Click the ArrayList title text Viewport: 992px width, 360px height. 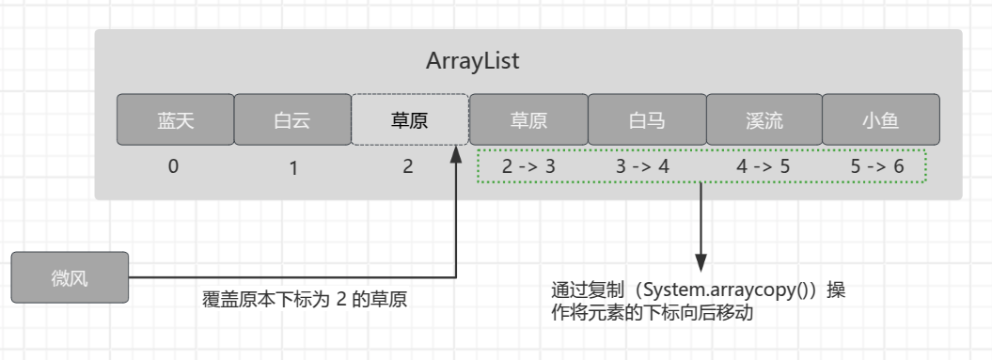[x=473, y=62]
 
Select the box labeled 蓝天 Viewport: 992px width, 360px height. [x=175, y=119]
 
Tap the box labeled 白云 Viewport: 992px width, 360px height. [x=291, y=119]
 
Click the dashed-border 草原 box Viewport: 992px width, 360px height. [x=409, y=119]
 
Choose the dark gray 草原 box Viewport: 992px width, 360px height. [x=528, y=119]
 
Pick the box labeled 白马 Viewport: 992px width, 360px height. [x=646, y=119]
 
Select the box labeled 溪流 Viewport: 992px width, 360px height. [x=764, y=119]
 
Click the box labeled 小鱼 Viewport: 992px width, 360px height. [x=880, y=119]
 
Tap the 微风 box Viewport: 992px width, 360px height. [x=70, y=278]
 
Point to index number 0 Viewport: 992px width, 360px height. [x=173, y=166]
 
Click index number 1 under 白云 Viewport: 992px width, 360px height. [x=293, y=169]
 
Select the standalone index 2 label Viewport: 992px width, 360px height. [x=407, y=166]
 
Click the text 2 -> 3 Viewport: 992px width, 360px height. [x=528, y=166]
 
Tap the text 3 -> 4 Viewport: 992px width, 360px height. [x=642, y=166]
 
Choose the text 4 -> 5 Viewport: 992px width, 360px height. [x=764, y=166]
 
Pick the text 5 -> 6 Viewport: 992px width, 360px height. [x=877, y=166]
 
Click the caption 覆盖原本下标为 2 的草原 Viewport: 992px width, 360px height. [x=305, y=302]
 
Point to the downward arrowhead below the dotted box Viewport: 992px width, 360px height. [x=701, y=263]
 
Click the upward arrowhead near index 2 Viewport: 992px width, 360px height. [x=458, y=149]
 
